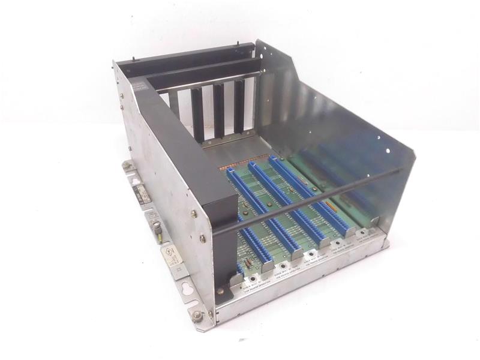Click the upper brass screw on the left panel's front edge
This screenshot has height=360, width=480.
click(x=193, y=213)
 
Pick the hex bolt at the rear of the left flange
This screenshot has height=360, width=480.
click(x=127, y=164)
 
